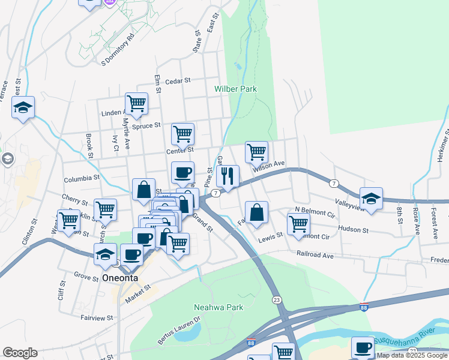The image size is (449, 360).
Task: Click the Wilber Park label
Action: click(236, 89)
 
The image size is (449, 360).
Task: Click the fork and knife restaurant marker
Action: click(228, 176)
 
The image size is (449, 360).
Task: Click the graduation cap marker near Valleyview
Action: click(371, 199)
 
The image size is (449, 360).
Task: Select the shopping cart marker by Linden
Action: click(136, 103)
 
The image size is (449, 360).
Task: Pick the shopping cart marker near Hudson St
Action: click(298, 224)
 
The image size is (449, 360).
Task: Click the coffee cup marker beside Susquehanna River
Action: click(363, 347)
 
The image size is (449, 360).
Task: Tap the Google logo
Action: click(20, 353)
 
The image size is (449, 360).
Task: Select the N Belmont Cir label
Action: click(315, 213)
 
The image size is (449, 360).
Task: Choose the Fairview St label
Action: click(97, 317)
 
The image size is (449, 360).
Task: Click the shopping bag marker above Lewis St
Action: click(256, 212)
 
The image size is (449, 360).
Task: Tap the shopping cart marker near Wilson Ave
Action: click(256, 152)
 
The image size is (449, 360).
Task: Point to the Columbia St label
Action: click(82, 178)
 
